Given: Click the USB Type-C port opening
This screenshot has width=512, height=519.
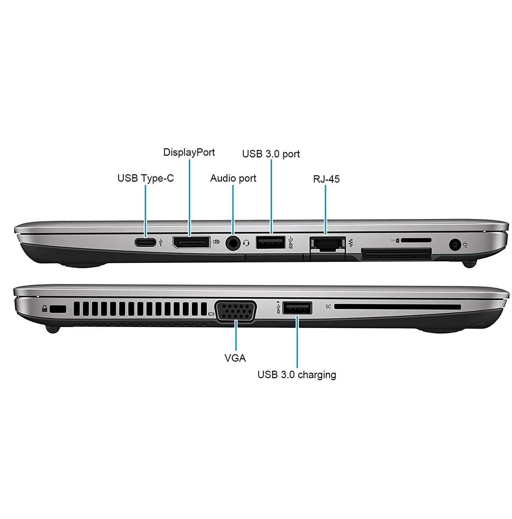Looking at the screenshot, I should pos(145,242).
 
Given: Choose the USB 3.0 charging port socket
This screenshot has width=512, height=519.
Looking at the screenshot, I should pos(297,308).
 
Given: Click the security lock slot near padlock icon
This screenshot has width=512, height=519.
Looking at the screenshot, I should pos(58,309).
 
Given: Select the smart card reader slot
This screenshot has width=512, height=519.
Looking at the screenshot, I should pos(398,307).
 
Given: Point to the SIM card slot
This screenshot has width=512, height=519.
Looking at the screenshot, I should pos(416,240).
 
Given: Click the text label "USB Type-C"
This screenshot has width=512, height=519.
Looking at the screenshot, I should pos(146,178).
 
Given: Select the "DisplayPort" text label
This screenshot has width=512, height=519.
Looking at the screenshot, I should pos(189,152).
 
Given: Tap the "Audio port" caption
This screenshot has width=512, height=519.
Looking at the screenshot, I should pos(233,178).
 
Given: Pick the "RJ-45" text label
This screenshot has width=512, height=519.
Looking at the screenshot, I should pos(326,179).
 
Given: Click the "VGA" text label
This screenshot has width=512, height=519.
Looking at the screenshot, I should pos(235,358).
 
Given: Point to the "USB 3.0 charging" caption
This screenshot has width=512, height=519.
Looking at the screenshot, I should pos(297,375).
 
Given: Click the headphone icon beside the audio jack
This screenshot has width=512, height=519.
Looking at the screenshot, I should pos(246,243).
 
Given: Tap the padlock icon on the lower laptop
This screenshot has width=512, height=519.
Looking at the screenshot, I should pos(45,309).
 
